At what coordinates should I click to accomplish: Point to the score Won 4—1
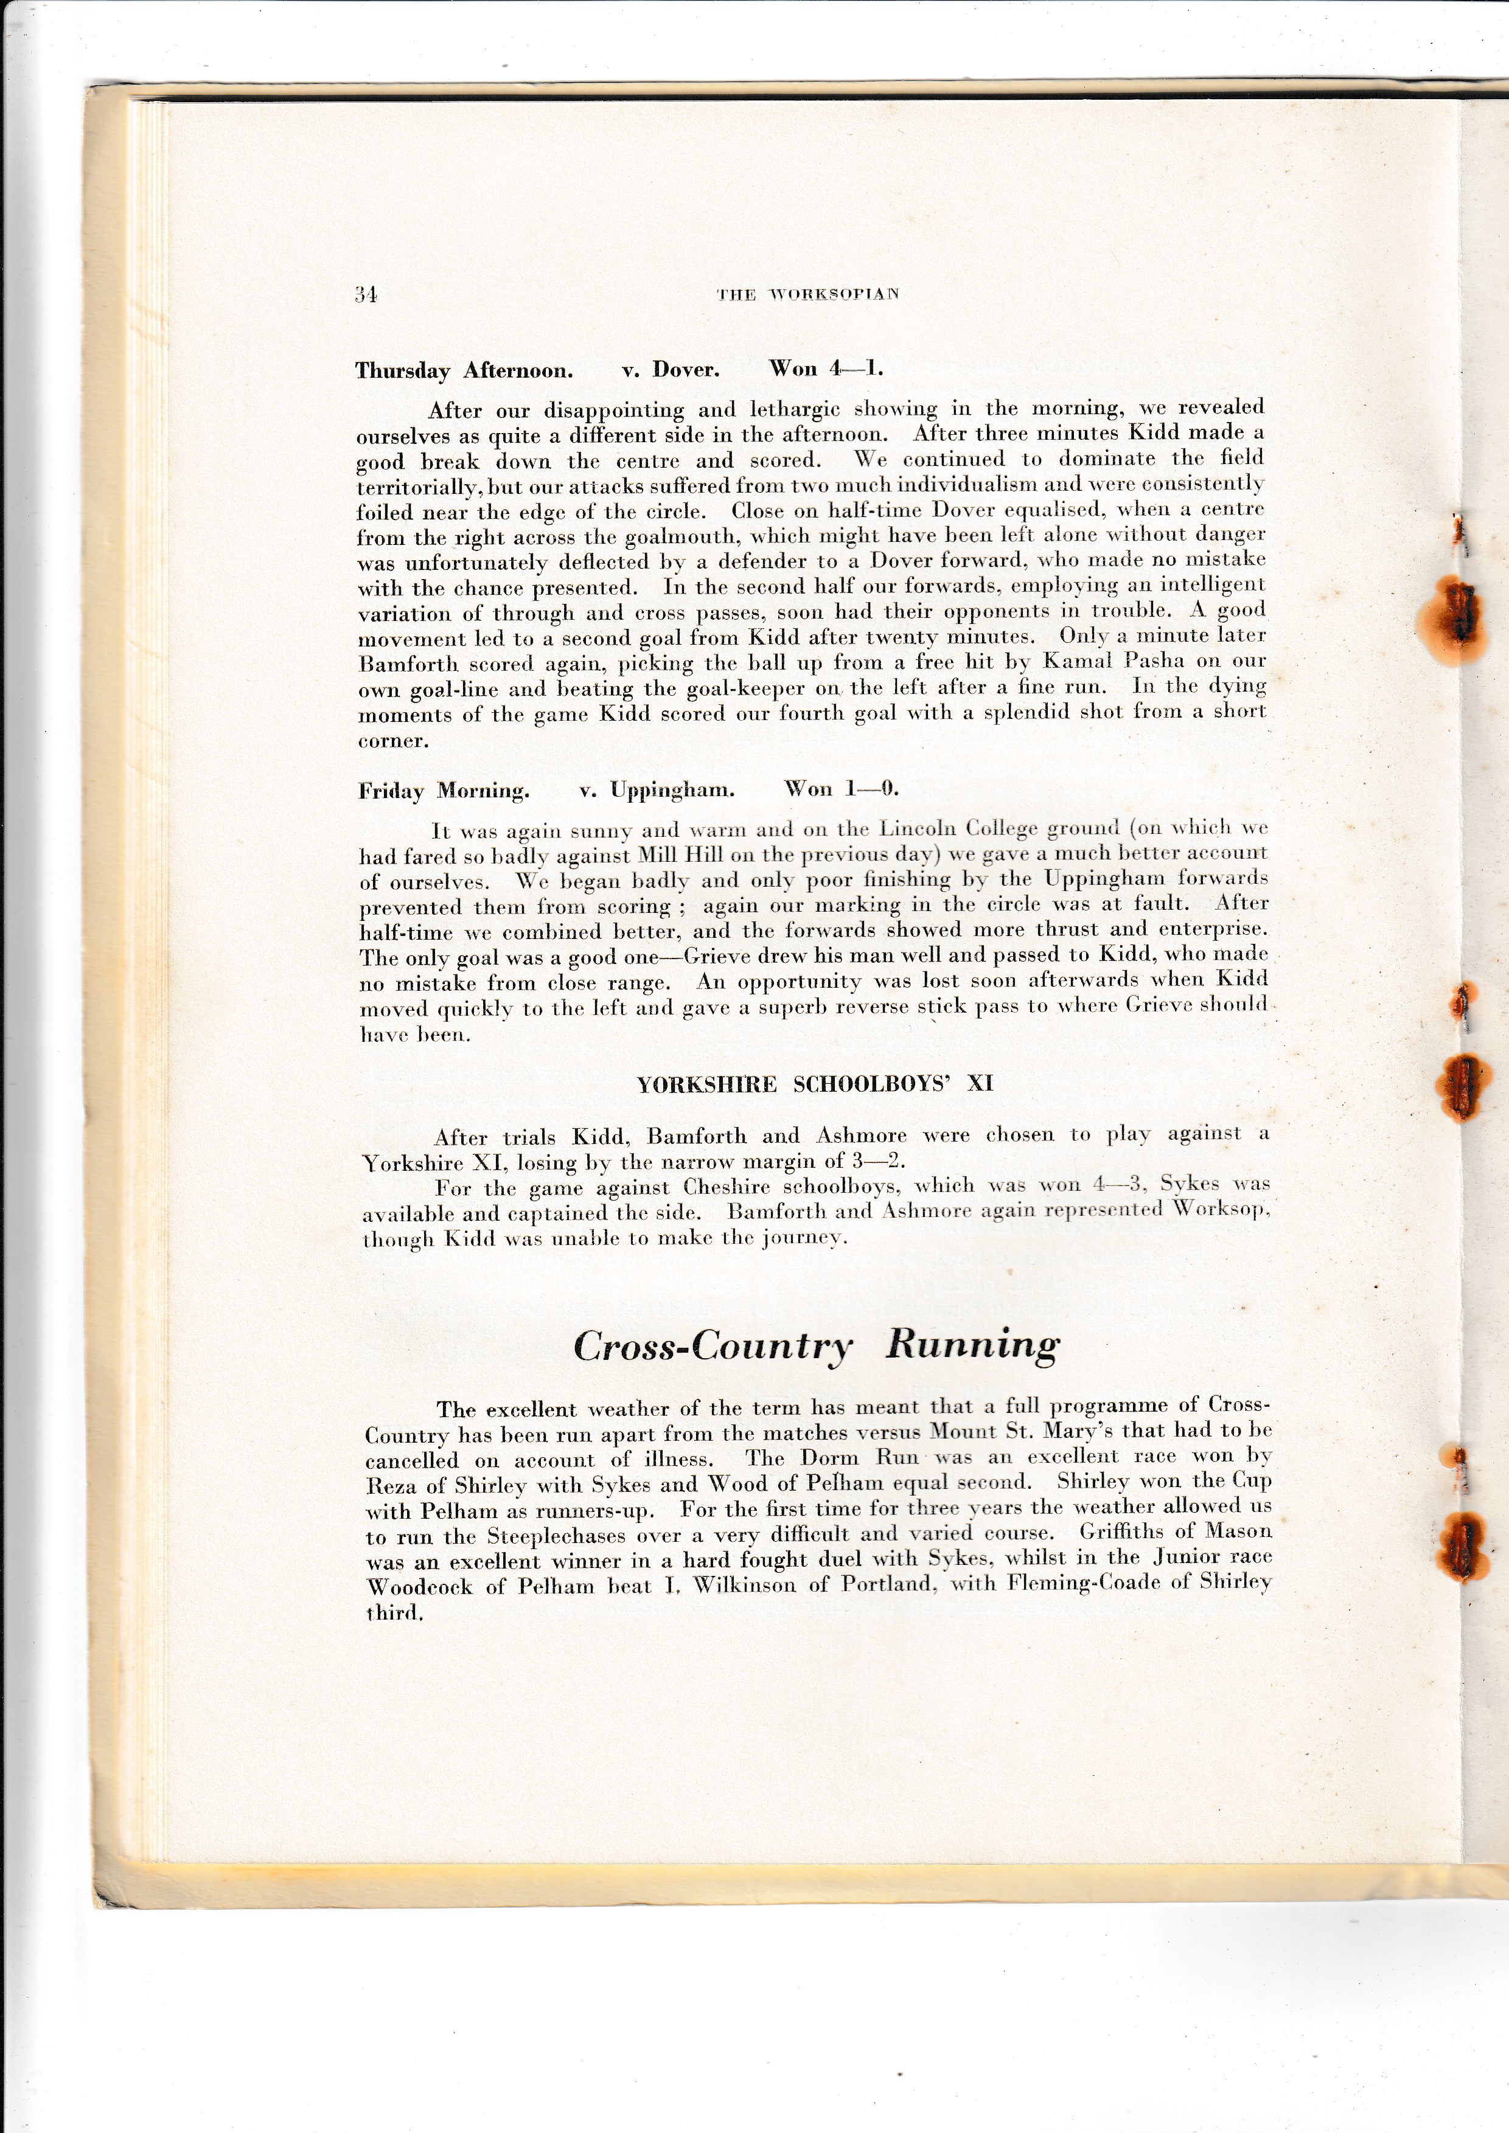point(826,369)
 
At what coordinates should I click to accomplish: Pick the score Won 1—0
point(842,789)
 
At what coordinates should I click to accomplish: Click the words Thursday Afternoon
point(464,370)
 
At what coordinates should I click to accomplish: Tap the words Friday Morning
point(444,791)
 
